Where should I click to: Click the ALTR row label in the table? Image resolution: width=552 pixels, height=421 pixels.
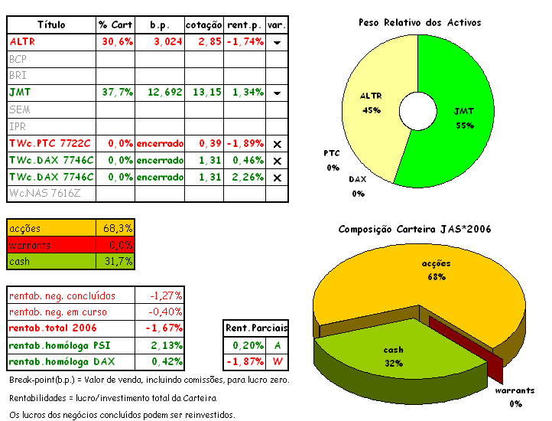point(23,41)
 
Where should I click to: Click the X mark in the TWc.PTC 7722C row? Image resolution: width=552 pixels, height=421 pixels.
point(277,143)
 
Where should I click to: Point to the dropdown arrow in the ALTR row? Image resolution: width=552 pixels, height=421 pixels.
point(277,42)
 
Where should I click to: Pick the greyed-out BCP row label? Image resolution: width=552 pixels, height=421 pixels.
point(18,58)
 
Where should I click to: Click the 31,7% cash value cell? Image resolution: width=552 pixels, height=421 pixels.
point(119,261)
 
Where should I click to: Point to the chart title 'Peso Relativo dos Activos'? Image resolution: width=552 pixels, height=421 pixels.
point(420,22)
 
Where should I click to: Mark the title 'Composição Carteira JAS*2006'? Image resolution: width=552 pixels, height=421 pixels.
point(414,229)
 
